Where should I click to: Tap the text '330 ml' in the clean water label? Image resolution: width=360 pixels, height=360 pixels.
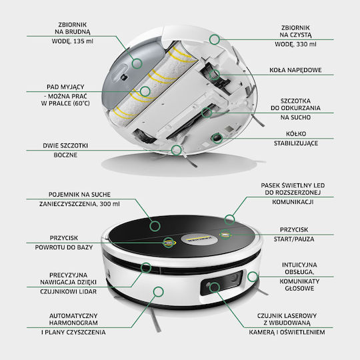(306, 44)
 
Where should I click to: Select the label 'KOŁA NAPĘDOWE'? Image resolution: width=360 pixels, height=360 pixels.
(295, 70)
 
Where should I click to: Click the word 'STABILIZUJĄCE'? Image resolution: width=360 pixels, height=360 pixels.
(296, 143)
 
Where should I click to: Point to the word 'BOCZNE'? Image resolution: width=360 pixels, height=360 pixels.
(65, 155)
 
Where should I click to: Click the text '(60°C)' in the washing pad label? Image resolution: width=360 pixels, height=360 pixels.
(81, 103)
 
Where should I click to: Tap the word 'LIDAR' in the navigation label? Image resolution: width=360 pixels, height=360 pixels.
(88, 291)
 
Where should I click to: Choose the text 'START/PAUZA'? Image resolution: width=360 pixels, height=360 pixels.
(294, 239)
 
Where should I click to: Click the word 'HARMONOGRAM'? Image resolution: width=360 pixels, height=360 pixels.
(73, 323)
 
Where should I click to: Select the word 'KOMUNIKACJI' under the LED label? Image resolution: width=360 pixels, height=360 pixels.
(293, 202)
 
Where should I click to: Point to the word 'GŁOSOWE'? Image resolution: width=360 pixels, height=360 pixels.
(299, 288)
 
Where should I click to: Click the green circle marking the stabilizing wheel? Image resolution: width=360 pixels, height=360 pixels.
(217, 138)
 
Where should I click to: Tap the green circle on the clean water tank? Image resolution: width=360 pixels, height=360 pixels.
(215, 39)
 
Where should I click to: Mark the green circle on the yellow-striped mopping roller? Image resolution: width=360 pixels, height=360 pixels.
(145, 91)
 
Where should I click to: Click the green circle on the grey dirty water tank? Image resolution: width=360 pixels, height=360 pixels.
(137, 63)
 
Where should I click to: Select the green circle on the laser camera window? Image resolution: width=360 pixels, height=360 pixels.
(215, 287)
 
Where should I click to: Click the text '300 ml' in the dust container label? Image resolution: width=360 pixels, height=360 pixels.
(109, 204)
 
